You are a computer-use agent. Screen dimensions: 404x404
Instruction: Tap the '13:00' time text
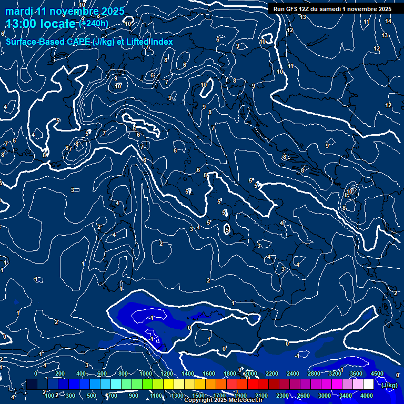click(22, 24)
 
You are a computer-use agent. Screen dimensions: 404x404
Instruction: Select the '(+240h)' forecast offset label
click(94, 23)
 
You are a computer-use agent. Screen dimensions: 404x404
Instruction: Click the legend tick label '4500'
click(377, 373)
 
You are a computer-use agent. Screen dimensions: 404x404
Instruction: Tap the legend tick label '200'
click(60, 373)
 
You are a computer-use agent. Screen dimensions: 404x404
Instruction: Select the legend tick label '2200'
click(271, 373)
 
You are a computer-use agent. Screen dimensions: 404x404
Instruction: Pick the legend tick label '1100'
click(156, 396)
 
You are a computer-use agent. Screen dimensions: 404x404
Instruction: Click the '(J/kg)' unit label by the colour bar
click(389, 385)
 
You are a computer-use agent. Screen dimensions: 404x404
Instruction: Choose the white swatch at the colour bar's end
click(369, 385)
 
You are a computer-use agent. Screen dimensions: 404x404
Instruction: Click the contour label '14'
click(388, 21)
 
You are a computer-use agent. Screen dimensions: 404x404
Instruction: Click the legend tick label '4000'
click(367, 396)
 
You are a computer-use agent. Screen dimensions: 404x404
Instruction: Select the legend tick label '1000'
click(146, 373)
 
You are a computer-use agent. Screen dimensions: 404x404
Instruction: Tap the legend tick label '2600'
click(304, 396)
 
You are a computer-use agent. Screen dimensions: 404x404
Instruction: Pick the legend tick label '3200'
click(335, 373)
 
